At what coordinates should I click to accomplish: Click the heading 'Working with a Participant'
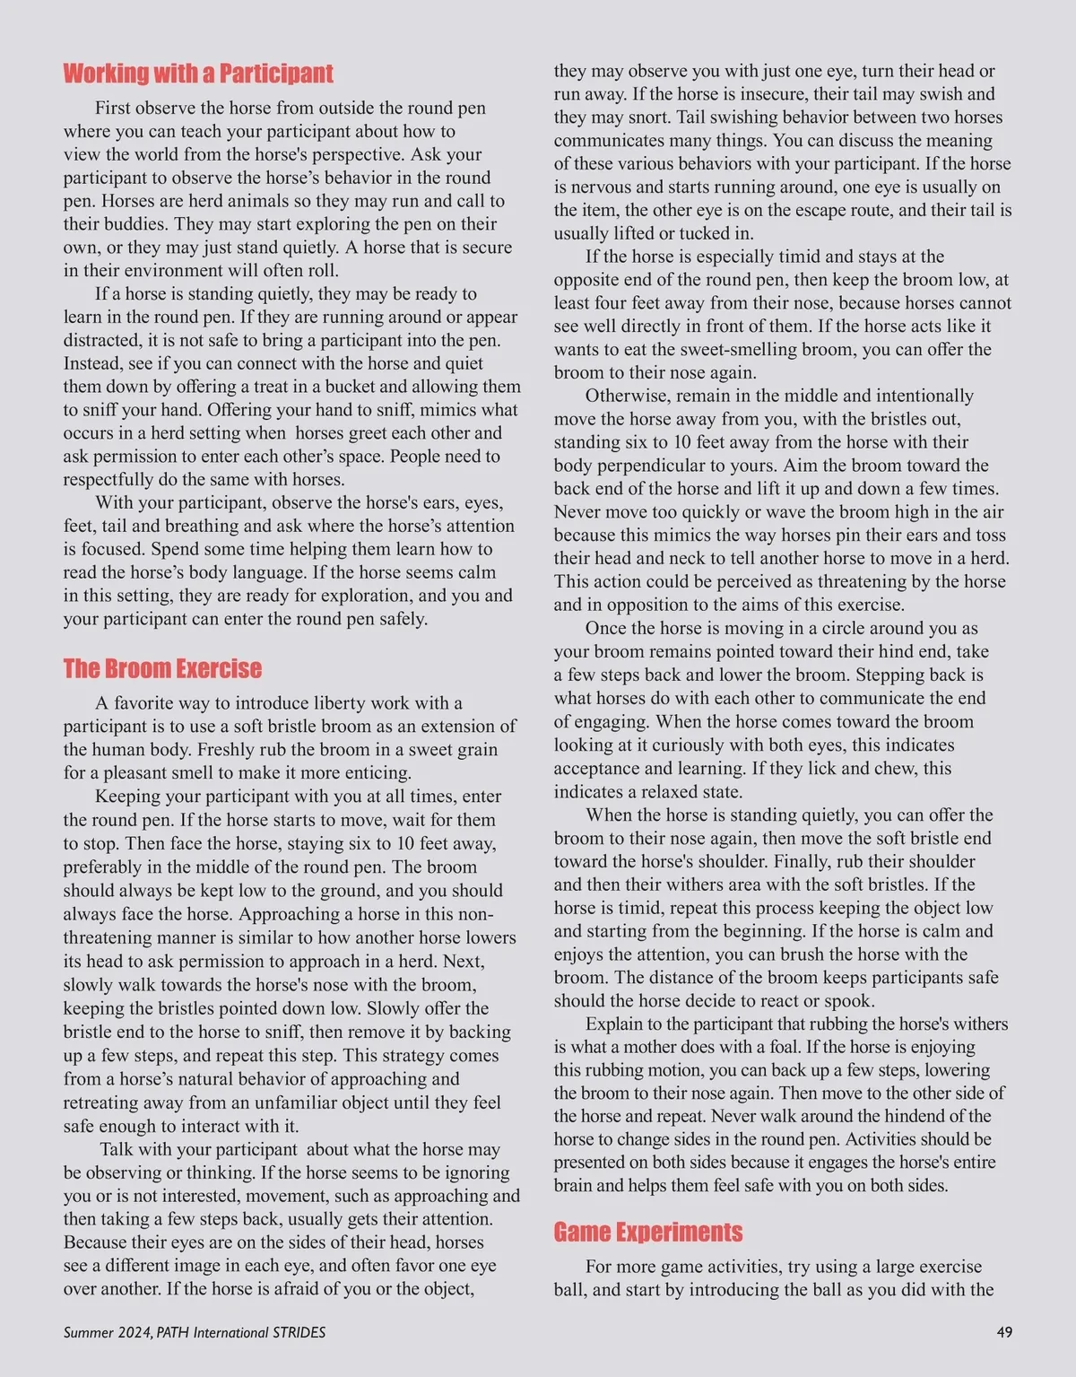(x=197, y=74)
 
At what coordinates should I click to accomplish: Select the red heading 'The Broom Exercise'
(x=162, y=668)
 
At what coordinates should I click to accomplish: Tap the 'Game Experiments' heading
(x=647, y=1232)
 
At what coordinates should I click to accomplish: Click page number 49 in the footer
(x=1004, y=1332)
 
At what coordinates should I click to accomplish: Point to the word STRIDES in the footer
(x=298, y=1332)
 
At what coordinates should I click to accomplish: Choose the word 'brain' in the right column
(x=575, y=1185)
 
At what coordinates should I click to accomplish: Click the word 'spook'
(x=846, y=1000)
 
